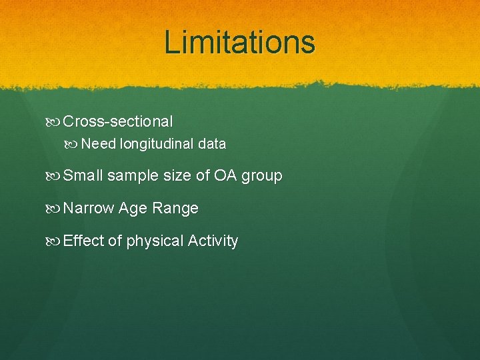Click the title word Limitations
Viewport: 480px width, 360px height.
239,42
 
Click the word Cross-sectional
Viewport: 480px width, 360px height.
118,122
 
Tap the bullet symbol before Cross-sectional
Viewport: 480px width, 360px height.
55,122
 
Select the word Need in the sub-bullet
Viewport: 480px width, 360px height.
98,144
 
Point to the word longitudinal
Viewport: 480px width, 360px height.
157,144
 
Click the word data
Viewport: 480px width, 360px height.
212,144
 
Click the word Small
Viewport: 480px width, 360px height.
83,176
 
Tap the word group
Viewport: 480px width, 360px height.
262,177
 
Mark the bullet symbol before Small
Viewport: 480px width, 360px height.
55,176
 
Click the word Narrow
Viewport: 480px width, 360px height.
89,209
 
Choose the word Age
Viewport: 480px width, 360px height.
133,209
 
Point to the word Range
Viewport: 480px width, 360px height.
175,209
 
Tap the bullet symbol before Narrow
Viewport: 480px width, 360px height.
55,209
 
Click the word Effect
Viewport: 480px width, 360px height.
83,241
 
